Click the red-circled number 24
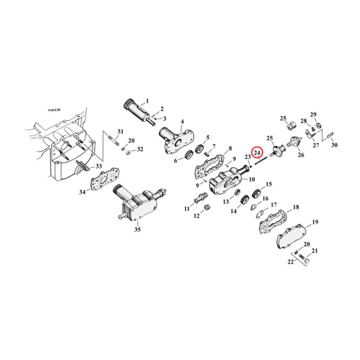(257, 153)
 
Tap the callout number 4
(182, 121)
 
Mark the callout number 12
(196, 216)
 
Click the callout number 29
(313, 114)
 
